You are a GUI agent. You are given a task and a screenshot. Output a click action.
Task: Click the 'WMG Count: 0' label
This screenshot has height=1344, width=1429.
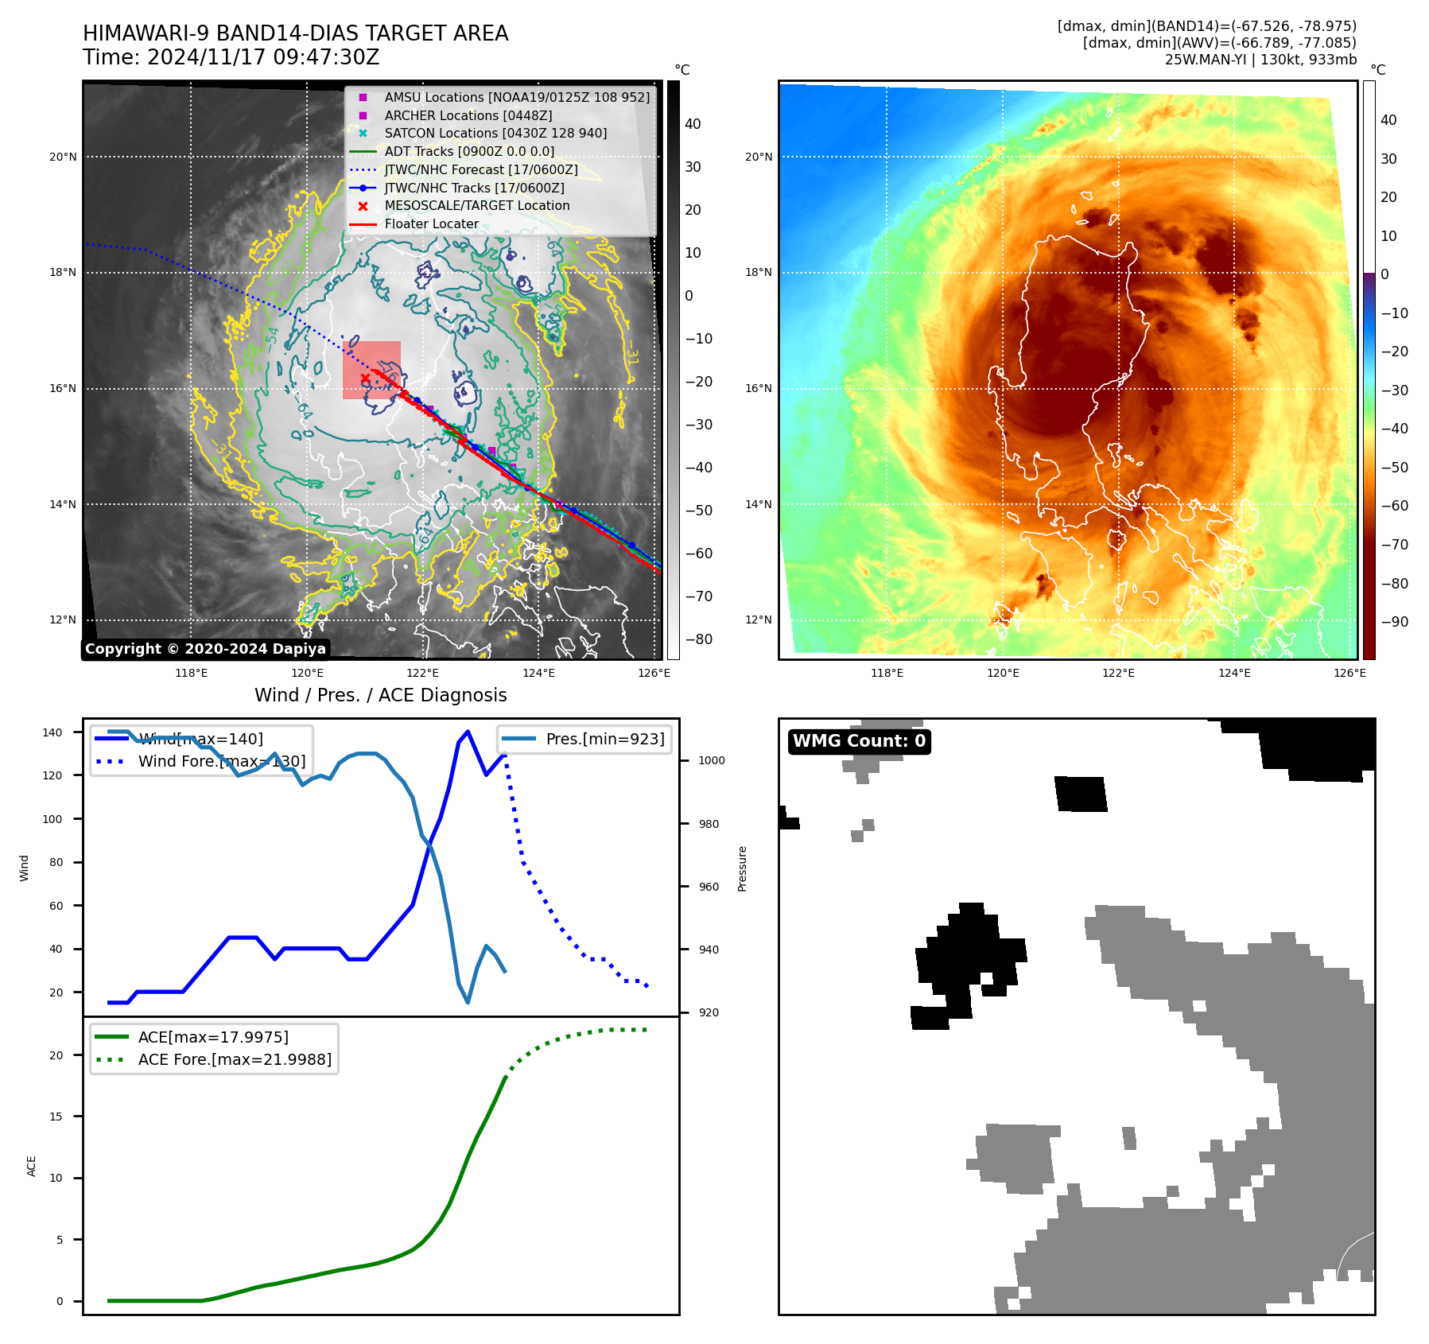click(x=859, y=741)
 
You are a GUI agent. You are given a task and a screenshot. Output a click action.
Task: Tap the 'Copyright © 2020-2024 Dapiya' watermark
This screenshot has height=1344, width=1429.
click(x=205, y=649)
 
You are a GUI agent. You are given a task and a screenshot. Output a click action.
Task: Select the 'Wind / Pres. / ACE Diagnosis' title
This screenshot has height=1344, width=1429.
click(x=380, y=695)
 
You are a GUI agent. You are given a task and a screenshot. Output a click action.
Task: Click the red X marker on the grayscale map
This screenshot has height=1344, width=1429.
click(x=365, y=378)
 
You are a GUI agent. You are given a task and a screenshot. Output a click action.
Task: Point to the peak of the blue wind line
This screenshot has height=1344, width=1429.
click(x=468, y=731)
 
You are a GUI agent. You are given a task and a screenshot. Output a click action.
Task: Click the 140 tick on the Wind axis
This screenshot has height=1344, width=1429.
click(x=52, y=732)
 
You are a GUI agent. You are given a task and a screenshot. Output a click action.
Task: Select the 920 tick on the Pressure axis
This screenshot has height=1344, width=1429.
click(x=709, y=1012)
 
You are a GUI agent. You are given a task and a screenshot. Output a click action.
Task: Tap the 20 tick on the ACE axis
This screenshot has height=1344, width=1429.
click(x=56, y=1055)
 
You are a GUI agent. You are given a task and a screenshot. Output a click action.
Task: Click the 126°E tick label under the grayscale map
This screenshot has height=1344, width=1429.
click(x=654, y=673)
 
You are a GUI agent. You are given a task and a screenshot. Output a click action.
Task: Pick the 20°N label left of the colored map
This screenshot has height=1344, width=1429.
click(x=758, y=157)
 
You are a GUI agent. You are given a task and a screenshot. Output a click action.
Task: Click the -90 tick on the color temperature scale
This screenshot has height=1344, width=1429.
click(x=1394, y=622)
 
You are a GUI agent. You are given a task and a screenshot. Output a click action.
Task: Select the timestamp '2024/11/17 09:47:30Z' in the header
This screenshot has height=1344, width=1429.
click(x=263, y=57)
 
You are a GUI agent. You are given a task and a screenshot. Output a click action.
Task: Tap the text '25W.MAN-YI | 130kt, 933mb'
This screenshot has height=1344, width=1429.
click(x=1260, y=60)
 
